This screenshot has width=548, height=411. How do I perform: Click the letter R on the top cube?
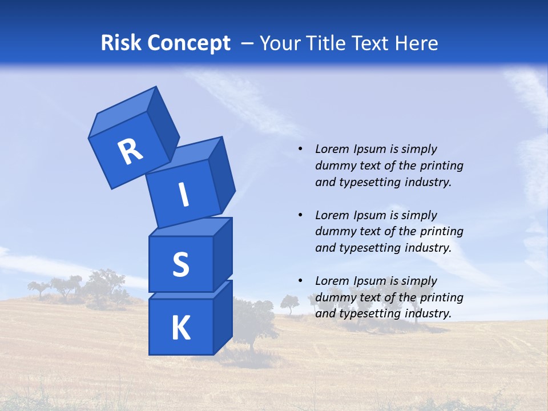[x=130, y=151]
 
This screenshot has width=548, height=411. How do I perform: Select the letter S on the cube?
[x=180, y=264]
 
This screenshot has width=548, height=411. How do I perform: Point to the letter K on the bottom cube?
[x=180, y=328]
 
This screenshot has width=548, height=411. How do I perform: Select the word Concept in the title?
[x=189, y=43]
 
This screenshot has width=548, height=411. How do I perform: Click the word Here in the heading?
[x=417, y=43]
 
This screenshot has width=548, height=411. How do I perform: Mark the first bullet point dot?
[x=300, y=150]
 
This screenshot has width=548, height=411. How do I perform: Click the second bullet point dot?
[x=300, y=215]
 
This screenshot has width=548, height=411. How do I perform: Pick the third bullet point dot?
[x=300, y=281]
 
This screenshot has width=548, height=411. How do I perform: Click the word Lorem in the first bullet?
[x=331, y=150]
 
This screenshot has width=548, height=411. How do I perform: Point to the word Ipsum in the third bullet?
[x=369, y=281]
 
